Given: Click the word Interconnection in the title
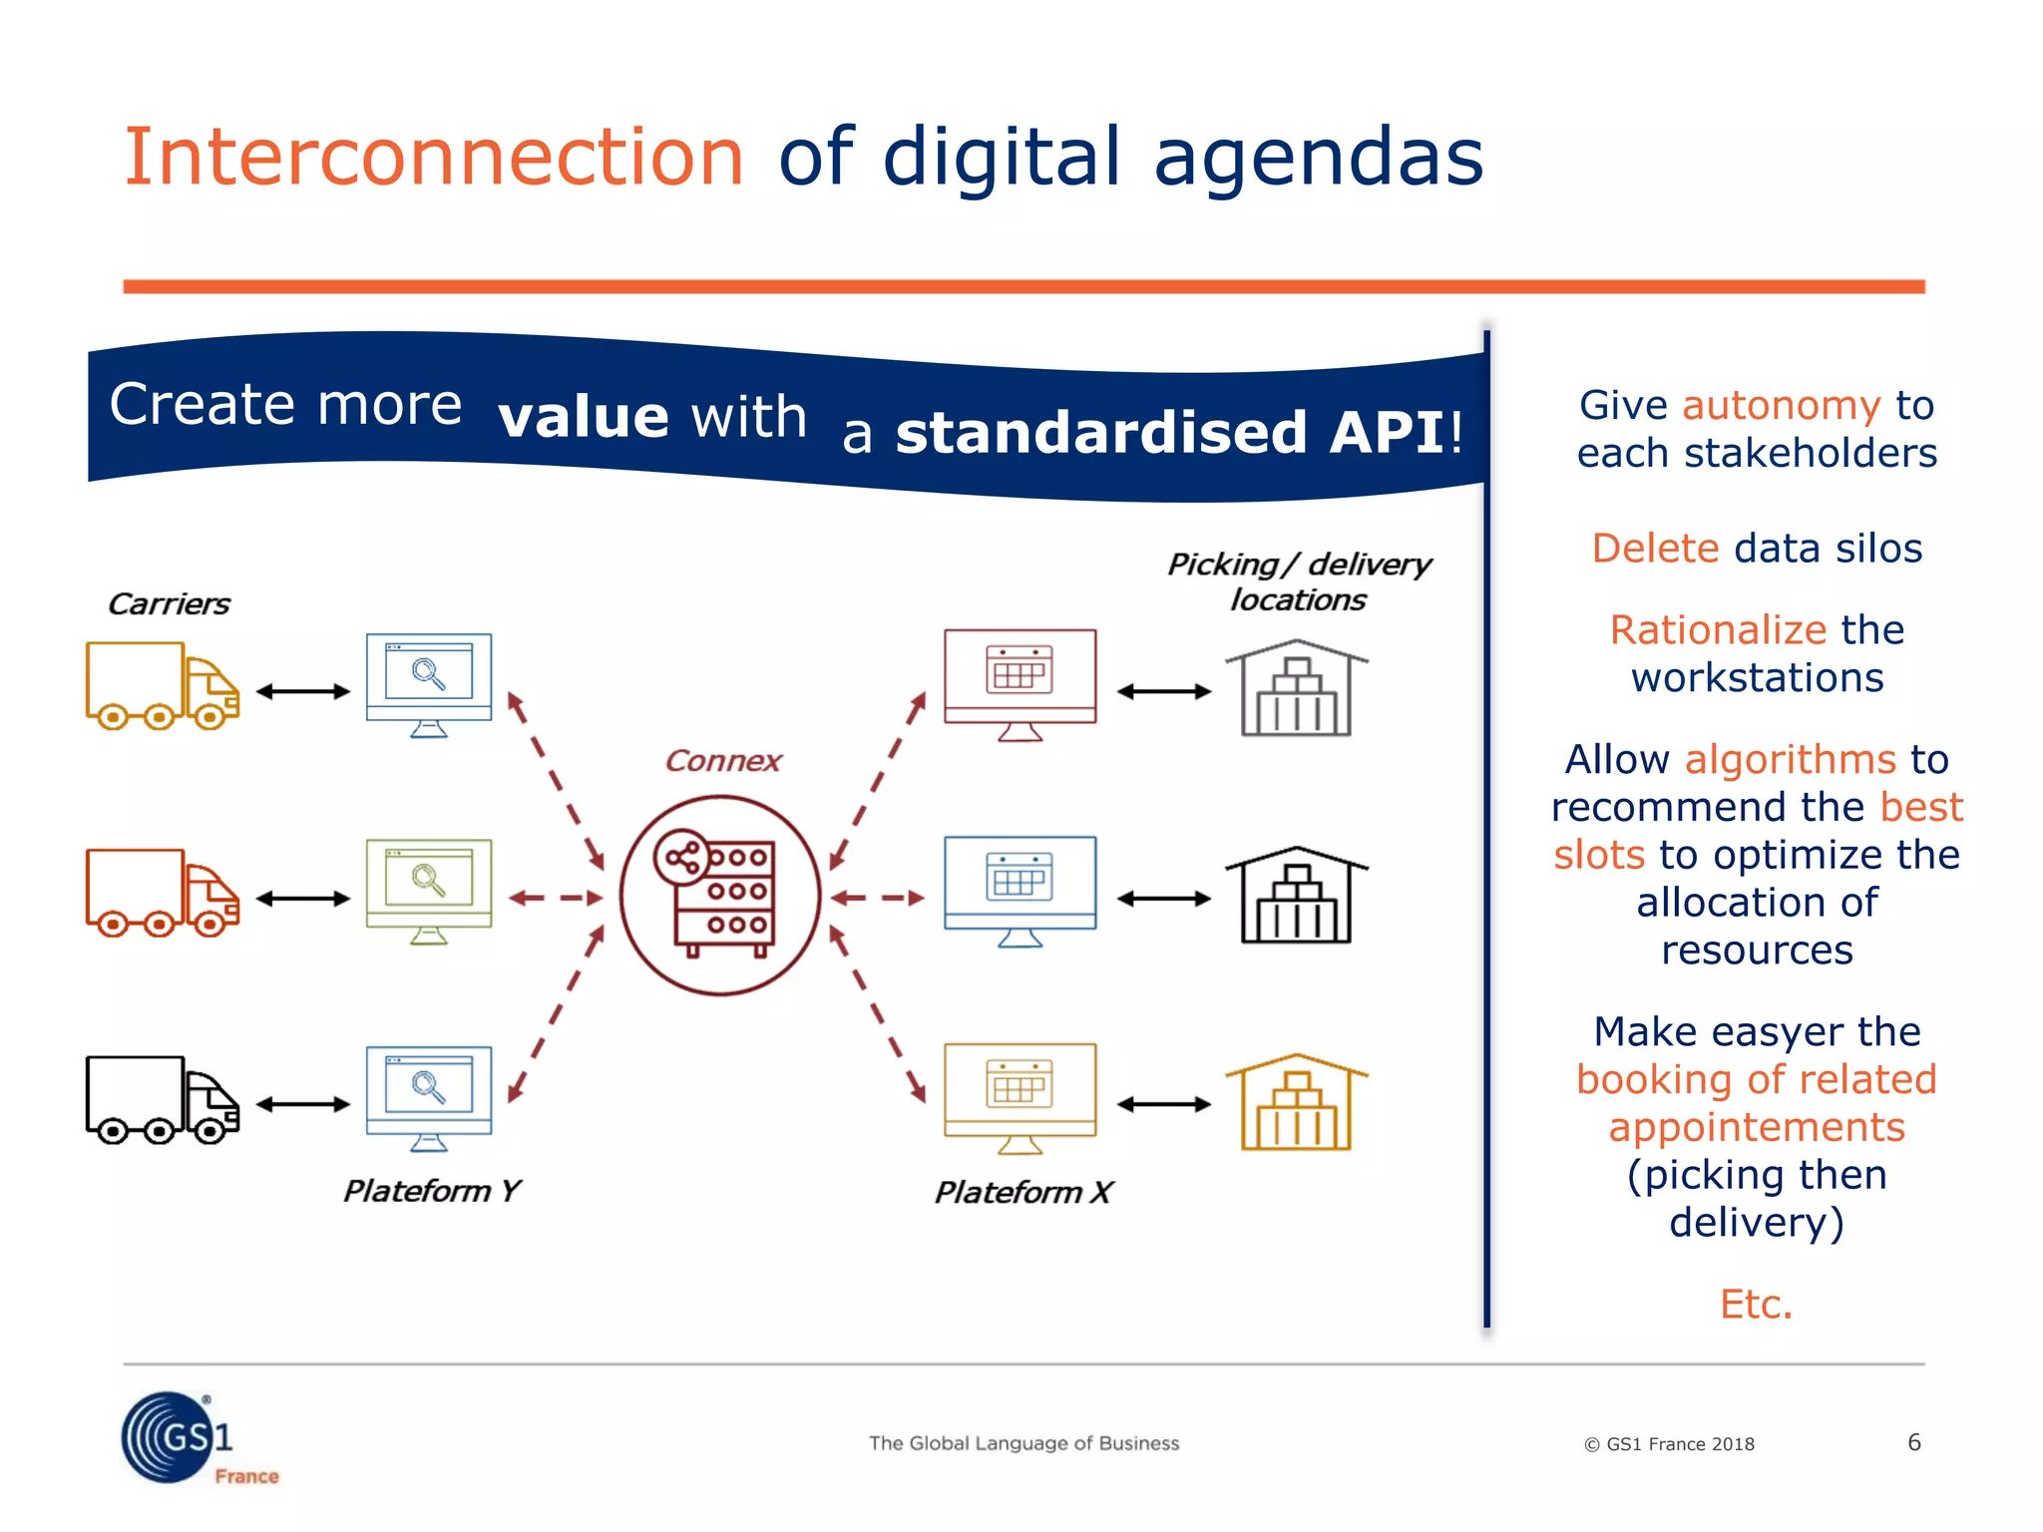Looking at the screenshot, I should pos(434,158).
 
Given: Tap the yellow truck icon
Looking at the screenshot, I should pos(162,685).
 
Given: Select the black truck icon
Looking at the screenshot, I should pos(162,1099).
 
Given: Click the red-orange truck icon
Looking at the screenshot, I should pos(162,893).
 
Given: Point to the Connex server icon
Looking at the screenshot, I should pos(720,896).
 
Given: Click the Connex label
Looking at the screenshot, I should pos(723,761).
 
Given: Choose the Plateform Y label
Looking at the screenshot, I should pos(431,1191).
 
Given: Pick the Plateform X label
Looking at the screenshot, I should pos(1022,1192).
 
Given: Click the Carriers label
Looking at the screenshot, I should pos(169,604).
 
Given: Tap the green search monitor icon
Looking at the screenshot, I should pos(429,891).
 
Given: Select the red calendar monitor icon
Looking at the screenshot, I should pos(1020,684).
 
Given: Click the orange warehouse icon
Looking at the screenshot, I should pos(1296,1102).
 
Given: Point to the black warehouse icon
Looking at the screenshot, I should pos(1296,895).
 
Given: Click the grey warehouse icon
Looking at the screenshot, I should pos(1296,688).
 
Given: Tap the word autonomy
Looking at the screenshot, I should pos(1781,406).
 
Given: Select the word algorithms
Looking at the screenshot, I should pos(1790,760).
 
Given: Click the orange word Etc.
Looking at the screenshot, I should pos(1756,1305).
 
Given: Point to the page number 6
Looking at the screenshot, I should pos(1913,1442).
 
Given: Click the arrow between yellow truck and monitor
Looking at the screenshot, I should pos(303,691).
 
